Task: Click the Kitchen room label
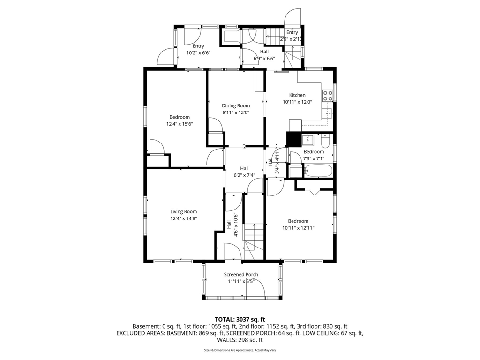point(297,95)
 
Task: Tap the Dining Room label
point(236,105)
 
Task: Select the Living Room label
point(184,211)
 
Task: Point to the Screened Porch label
point(241,275)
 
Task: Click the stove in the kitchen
point(328,96)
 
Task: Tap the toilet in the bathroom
point(325,141)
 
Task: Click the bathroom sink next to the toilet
point(307,140)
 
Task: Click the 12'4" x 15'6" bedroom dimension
point(180,124)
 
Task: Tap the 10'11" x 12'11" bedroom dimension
point(298,228)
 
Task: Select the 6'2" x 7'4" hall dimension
point(244,175)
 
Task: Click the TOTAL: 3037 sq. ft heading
point(240,320)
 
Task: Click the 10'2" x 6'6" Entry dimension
point(198,52)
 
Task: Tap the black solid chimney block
point(293,139)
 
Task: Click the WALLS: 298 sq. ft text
point(240,340)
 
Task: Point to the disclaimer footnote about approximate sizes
point(240,350)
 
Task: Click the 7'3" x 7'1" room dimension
point(314,158)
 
